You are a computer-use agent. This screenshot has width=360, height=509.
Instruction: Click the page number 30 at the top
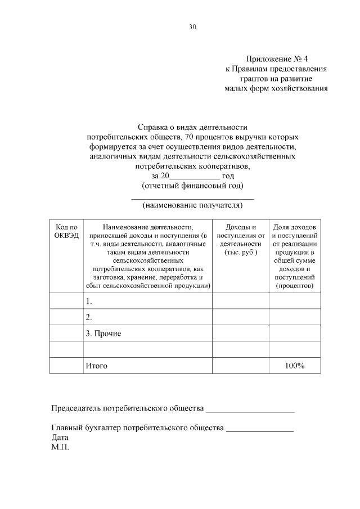click(x=193, y=27)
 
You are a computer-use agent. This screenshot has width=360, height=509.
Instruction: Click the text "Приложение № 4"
click(x=277, y=59)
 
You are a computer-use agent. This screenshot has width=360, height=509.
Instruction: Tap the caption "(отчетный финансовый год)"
click(x=192, y=186)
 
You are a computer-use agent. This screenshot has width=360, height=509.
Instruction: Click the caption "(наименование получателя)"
click(x=192, y=205)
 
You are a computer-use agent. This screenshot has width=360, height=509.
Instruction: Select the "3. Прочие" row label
click(x=103, y=334)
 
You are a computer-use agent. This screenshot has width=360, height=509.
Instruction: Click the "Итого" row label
click(x=96, y=366)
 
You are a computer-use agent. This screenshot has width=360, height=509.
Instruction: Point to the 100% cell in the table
click(x=294, y=366)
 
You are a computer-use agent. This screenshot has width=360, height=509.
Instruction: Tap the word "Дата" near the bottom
click(x=60, y=437)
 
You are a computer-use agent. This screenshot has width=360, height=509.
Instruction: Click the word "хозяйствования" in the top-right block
click(x=299, y=88)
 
